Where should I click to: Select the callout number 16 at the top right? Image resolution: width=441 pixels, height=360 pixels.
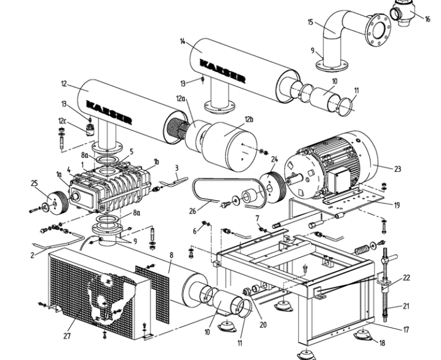coord(427,19)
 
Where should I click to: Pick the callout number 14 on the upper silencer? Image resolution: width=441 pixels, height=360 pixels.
coord(183,41)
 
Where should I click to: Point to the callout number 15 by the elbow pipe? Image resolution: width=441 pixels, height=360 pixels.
coord(311,22)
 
